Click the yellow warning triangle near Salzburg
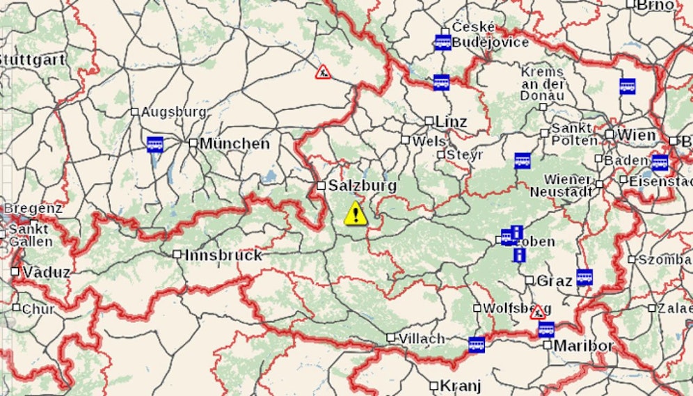(356, 213)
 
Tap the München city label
(234, 144)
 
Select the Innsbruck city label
(223, 255)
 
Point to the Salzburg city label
(363, 186)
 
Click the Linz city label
(451, 122)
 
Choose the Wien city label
(636, 134)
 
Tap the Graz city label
(555, 281)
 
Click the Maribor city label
(583, 345)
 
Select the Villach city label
(422, 339)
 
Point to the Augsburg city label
(173, 111)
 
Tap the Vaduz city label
(46, 272)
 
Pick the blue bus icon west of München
(155, 144)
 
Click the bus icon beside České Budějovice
(443, 42)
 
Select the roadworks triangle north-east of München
(323, 72)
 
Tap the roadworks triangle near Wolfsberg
(537, 312)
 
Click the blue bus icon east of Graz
(584, 276)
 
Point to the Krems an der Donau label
(543, 84)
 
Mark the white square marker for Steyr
(441, 155)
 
